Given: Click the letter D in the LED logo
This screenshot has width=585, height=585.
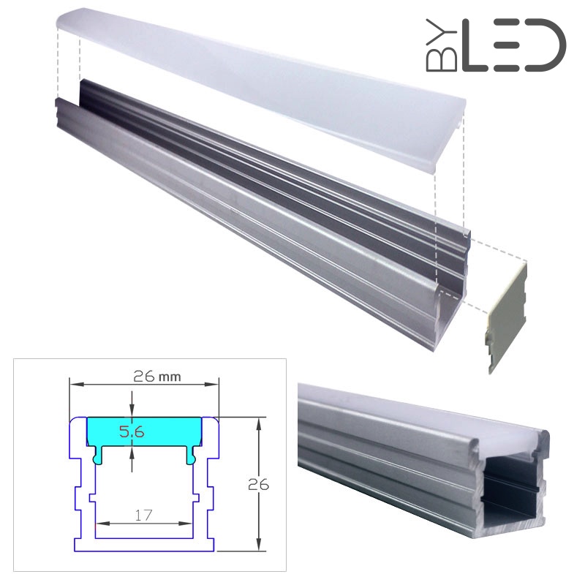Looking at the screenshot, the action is pos(544,45).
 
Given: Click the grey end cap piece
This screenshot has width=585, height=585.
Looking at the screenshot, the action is pos(506,317).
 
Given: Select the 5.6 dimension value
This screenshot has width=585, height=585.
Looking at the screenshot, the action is pos(132,431).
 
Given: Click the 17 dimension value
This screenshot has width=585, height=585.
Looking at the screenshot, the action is pos(143,515).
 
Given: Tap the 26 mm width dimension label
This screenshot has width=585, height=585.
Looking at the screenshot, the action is pos(157,377).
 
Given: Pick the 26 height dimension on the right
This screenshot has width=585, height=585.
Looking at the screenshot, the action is pos(258,484).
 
